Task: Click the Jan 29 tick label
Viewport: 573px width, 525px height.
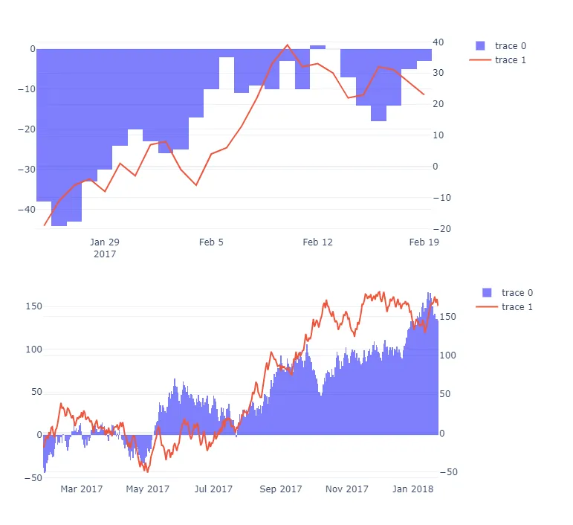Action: tap(104, 242)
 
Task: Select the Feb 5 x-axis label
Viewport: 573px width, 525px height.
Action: tap(211, 242)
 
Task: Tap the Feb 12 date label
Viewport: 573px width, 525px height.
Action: tap(317, 242)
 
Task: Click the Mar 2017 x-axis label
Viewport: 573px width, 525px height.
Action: tap(82, 489)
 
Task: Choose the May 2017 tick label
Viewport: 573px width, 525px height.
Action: tap(148, 489)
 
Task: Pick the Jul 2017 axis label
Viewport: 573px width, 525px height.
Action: tap(214, 489)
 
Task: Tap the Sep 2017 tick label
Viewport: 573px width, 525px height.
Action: tap(281, 489)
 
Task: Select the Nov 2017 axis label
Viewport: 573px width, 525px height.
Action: tap(347, 489)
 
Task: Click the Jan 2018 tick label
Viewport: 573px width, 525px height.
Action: tap(412, 489)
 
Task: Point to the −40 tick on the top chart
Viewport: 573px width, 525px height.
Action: tap(26, 209)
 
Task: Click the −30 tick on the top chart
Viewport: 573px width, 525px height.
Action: tap(26, 169)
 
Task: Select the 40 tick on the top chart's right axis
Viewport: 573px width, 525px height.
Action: tap(440, 42)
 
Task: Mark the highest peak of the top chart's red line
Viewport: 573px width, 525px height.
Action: tap(288, 45)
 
